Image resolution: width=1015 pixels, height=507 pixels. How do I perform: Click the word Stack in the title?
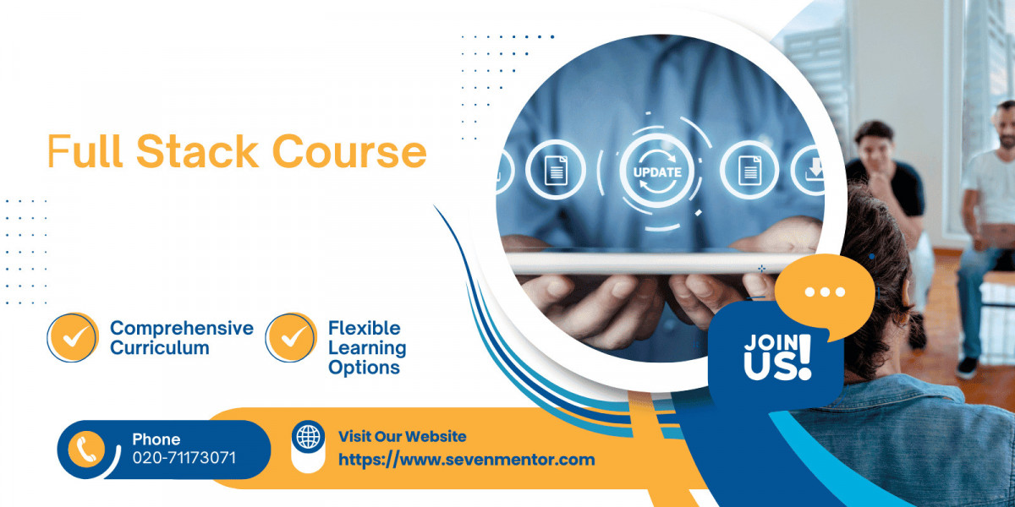(198, 150)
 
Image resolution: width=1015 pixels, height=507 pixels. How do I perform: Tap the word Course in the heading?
(349, 151)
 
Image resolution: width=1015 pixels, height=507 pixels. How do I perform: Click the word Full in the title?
(85, 150)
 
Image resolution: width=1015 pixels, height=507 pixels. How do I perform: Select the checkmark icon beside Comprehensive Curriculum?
(73, 337)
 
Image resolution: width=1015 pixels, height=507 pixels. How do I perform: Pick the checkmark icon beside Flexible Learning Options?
(291, 337)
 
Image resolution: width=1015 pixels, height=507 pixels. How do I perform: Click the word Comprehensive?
(182, 329)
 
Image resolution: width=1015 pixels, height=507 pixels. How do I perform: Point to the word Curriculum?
(160, 348)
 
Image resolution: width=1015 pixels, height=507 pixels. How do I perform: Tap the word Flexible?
(365, 328)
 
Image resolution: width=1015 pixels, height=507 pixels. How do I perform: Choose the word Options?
(364, 368)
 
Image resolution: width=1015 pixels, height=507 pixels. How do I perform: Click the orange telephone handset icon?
(86, 449)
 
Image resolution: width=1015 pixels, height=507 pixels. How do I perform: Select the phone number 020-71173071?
(184, 458)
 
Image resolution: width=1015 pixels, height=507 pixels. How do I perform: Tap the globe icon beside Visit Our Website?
(308, 437)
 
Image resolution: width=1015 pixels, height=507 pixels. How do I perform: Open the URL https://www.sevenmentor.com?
(467, 460)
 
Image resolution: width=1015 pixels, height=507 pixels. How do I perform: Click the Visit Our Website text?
(403, 436)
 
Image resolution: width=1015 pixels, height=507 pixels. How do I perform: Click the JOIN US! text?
(777, 357)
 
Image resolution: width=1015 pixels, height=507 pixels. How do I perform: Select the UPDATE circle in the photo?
(657, 172)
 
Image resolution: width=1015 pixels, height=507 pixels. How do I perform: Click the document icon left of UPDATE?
(556, 170)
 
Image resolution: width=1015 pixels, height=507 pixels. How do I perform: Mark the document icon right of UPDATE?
(750, 170)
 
